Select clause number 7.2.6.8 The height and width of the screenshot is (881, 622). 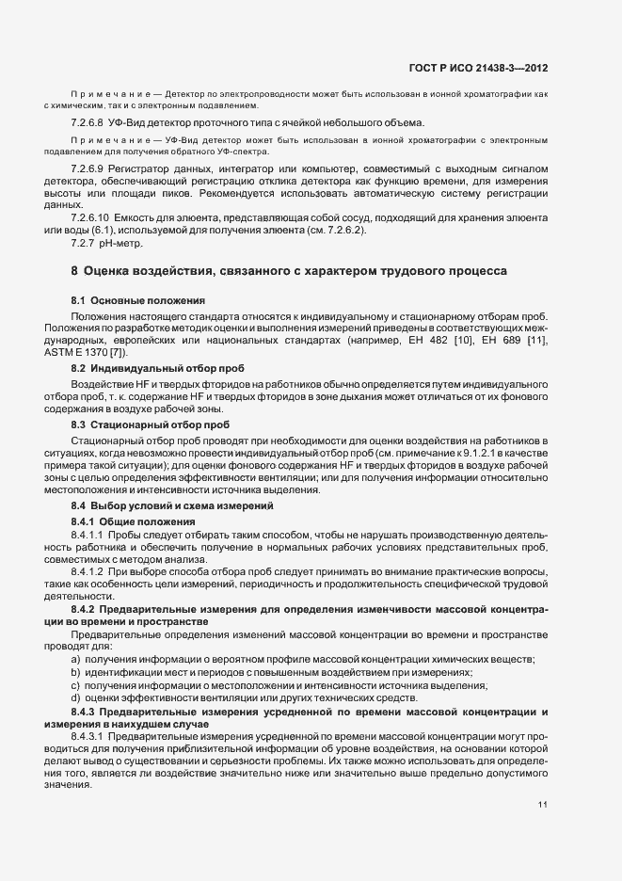point(87,123)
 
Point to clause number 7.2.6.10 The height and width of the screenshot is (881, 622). point(89,217)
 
